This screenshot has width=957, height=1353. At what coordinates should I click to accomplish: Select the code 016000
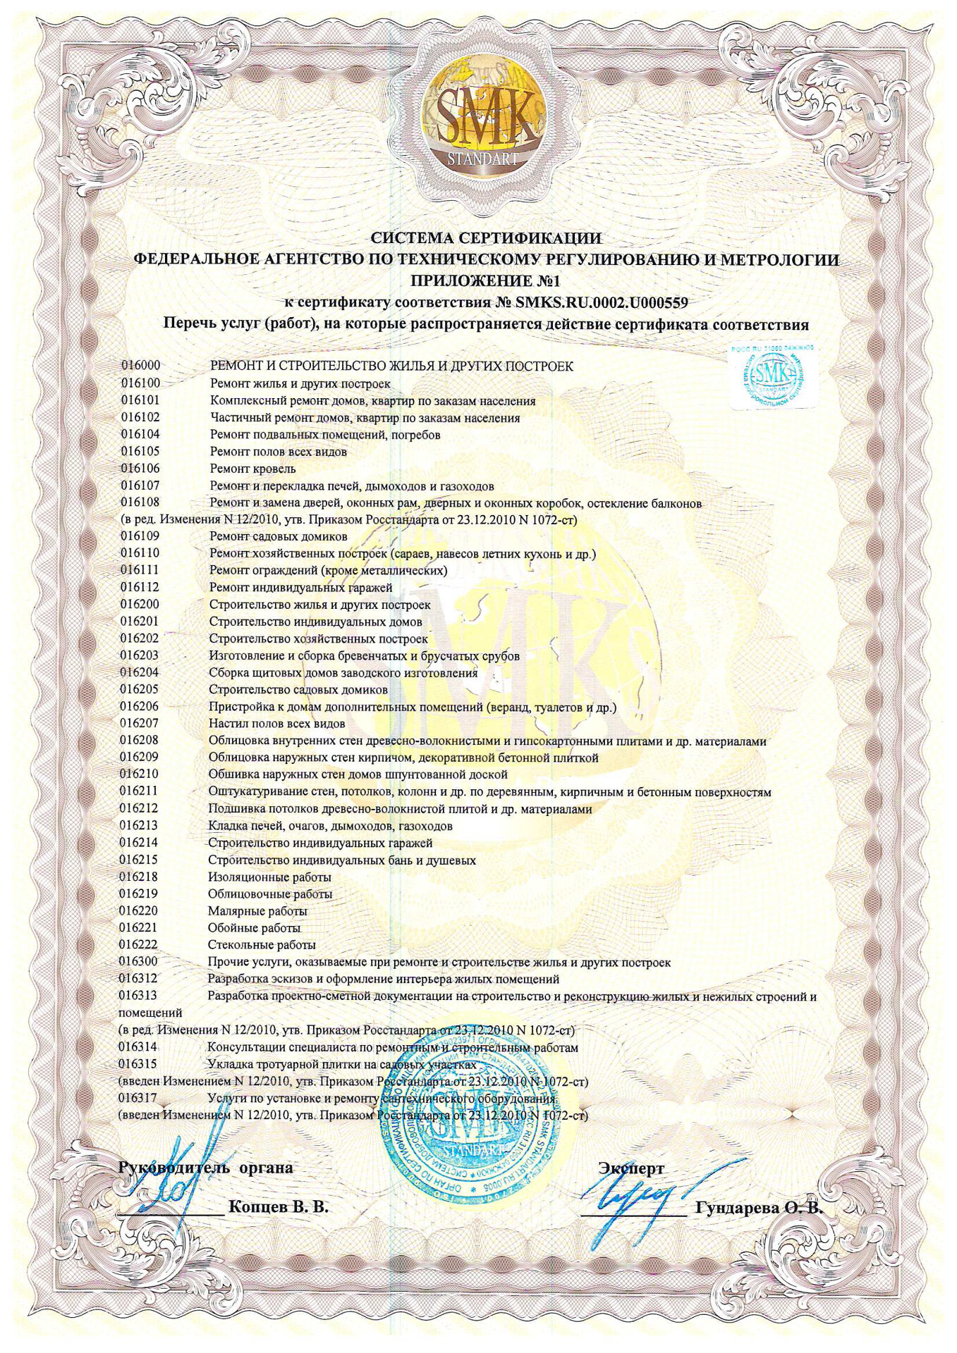pos(140,366)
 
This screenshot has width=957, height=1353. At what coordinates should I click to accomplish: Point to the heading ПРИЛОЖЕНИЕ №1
pos(486,281)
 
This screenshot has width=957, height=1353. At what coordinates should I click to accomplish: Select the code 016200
pos(140,604)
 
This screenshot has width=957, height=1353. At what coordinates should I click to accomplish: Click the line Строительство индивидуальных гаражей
pos(320,843)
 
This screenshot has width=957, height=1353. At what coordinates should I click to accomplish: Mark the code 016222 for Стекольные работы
pos(138,944)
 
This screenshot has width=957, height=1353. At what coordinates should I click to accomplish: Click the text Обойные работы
pos(254,927)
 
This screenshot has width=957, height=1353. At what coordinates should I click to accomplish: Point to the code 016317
pos(138,1097)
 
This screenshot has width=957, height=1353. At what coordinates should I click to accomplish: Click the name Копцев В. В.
pos(279,1206)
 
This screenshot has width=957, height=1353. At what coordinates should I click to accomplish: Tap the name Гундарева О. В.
pos(759,1207)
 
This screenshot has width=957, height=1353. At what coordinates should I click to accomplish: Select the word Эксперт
pos(631,1168)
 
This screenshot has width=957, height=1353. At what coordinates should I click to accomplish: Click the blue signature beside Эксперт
pos(635,1198)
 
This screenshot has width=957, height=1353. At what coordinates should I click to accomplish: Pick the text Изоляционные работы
pos(269,877)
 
